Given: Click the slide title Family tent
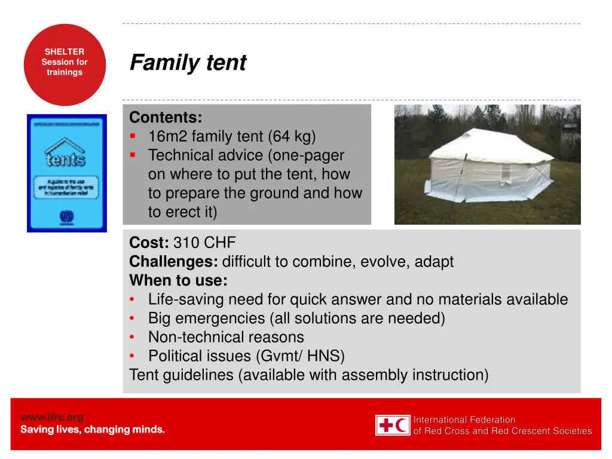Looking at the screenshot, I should coord(188,63).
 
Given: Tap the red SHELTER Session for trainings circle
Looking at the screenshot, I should coord(65,65).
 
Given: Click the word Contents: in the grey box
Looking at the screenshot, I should coord(166,117).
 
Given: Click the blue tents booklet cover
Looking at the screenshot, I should coord(67,173).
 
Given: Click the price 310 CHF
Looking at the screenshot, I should coord(205,243).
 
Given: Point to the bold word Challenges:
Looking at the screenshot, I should coord(174,262).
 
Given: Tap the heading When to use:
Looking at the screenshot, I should coord(178,281).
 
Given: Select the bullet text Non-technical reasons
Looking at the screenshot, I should coord(226,337).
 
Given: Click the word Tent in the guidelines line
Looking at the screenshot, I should coord(143,375).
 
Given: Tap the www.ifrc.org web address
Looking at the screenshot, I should coord(52,417).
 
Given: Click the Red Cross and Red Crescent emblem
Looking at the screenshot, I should coord(393,426).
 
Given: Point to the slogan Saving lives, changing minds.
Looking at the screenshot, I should coord(93,430).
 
